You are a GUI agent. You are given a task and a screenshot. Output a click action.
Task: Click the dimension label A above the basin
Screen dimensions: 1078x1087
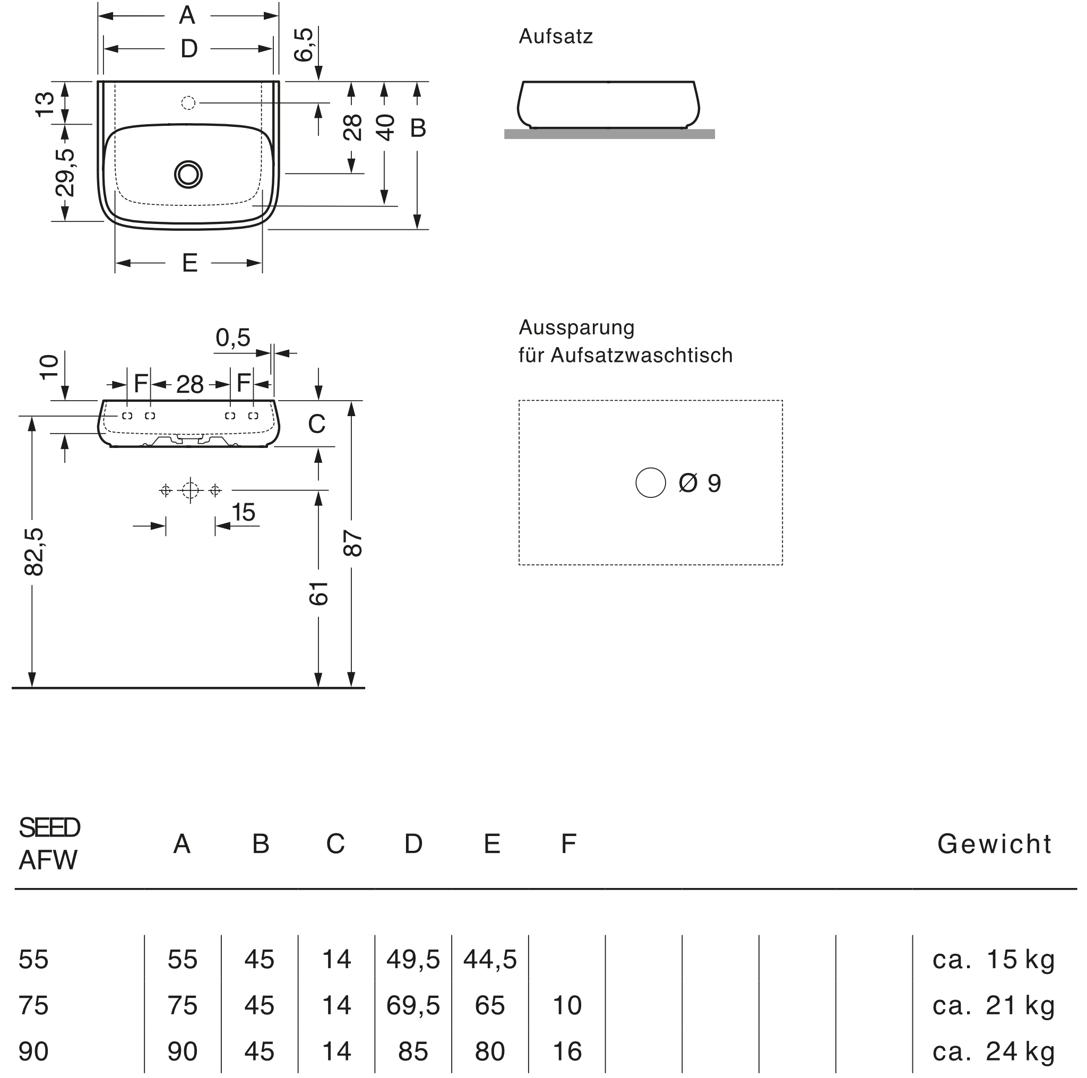tap(187, 16)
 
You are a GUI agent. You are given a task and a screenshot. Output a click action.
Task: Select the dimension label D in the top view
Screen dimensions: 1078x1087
tap(188, 49)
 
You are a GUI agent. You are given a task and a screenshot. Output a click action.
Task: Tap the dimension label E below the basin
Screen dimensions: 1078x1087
tap(189, 263)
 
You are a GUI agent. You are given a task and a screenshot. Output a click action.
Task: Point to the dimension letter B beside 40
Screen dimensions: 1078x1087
tap(418, 128)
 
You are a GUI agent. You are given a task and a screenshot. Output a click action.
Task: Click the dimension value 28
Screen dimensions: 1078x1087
tap(352, 127)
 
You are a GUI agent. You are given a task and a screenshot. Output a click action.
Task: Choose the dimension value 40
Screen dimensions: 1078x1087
tap(385, 127)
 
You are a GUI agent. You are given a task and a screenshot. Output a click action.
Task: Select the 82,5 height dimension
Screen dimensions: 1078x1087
tap(34, 552)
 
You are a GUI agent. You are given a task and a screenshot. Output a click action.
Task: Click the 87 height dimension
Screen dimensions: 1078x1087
tap(352, 544)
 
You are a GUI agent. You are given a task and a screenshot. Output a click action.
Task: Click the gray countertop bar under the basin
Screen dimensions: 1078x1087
tap(609, 134)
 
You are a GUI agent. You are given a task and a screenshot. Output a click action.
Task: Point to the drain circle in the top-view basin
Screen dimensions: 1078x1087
tap(187, 174)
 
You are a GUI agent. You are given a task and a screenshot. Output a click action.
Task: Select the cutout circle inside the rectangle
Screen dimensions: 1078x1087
tap(650, 482)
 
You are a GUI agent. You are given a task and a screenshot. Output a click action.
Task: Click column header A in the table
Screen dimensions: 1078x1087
tap(180, 843)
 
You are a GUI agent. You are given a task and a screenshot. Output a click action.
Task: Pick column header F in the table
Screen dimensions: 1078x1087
tap(568, 843)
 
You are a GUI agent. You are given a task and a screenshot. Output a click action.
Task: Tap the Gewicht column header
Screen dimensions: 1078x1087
tap(995, 844)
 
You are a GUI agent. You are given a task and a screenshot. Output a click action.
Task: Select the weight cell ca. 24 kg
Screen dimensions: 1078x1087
tap(993, 1051)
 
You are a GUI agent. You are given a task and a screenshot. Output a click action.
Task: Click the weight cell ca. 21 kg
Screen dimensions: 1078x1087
tap(993, 1005)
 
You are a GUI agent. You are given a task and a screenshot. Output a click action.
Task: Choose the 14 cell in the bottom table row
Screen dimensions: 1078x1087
tap(337, 1051)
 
